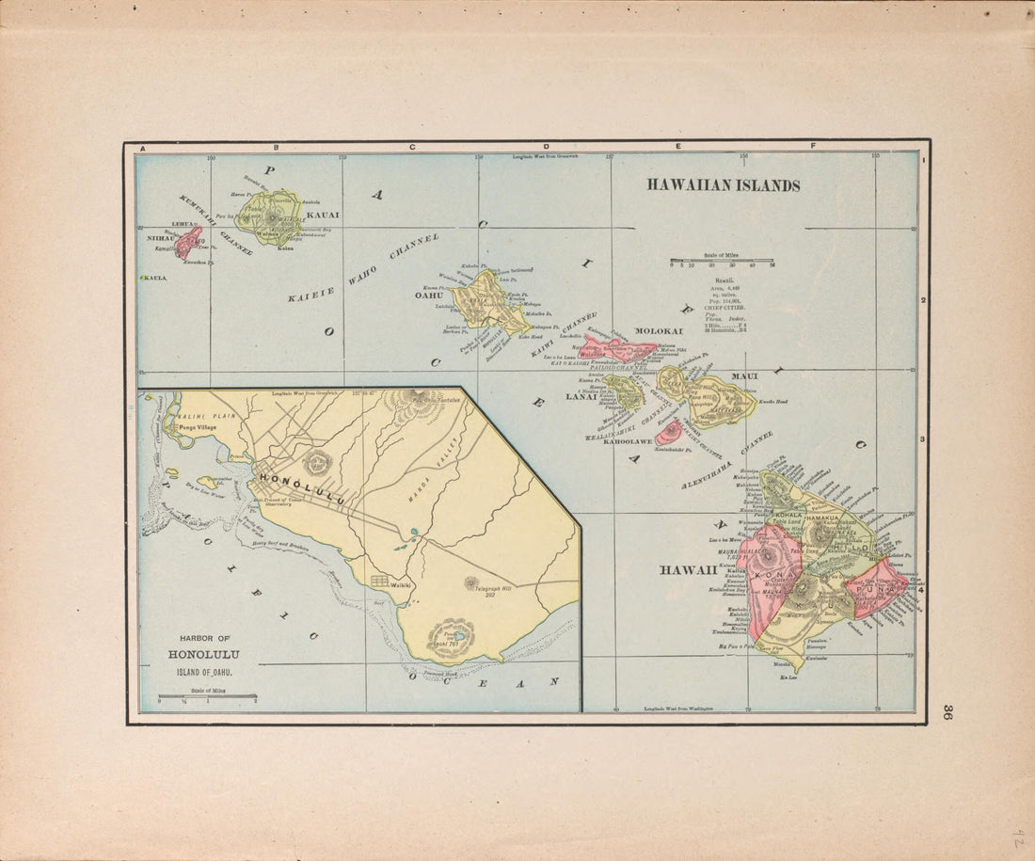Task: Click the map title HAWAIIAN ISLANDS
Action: [723, 185]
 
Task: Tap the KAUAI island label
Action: [323, 215]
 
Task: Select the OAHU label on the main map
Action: [429, 295]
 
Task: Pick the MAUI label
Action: [744, 376]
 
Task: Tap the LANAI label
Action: [581, 397]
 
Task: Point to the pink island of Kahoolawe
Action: [669, 433]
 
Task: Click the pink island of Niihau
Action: [187, 242]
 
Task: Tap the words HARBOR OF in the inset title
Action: [204, 639]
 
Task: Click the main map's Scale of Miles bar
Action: [722, 261]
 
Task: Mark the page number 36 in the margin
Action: [949, 712]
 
